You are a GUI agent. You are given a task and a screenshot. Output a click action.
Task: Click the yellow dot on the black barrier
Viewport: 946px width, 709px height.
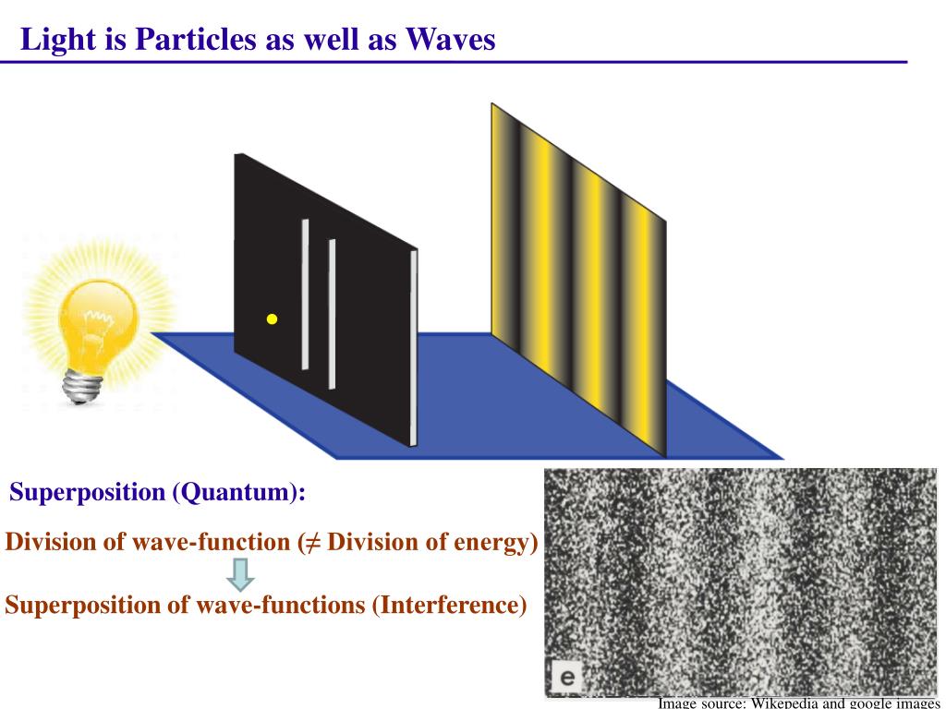(272, 319)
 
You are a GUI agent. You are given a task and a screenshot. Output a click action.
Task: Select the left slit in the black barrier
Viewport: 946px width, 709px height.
(305, 294)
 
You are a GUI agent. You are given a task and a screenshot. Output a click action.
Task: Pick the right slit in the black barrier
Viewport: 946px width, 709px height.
(332, 314)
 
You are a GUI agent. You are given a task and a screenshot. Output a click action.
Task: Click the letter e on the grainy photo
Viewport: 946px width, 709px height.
(564, 679)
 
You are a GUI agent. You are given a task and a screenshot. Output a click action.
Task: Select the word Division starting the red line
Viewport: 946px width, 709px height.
(51, 542)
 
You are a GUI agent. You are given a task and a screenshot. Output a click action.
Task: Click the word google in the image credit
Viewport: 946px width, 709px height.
(862, 703)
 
